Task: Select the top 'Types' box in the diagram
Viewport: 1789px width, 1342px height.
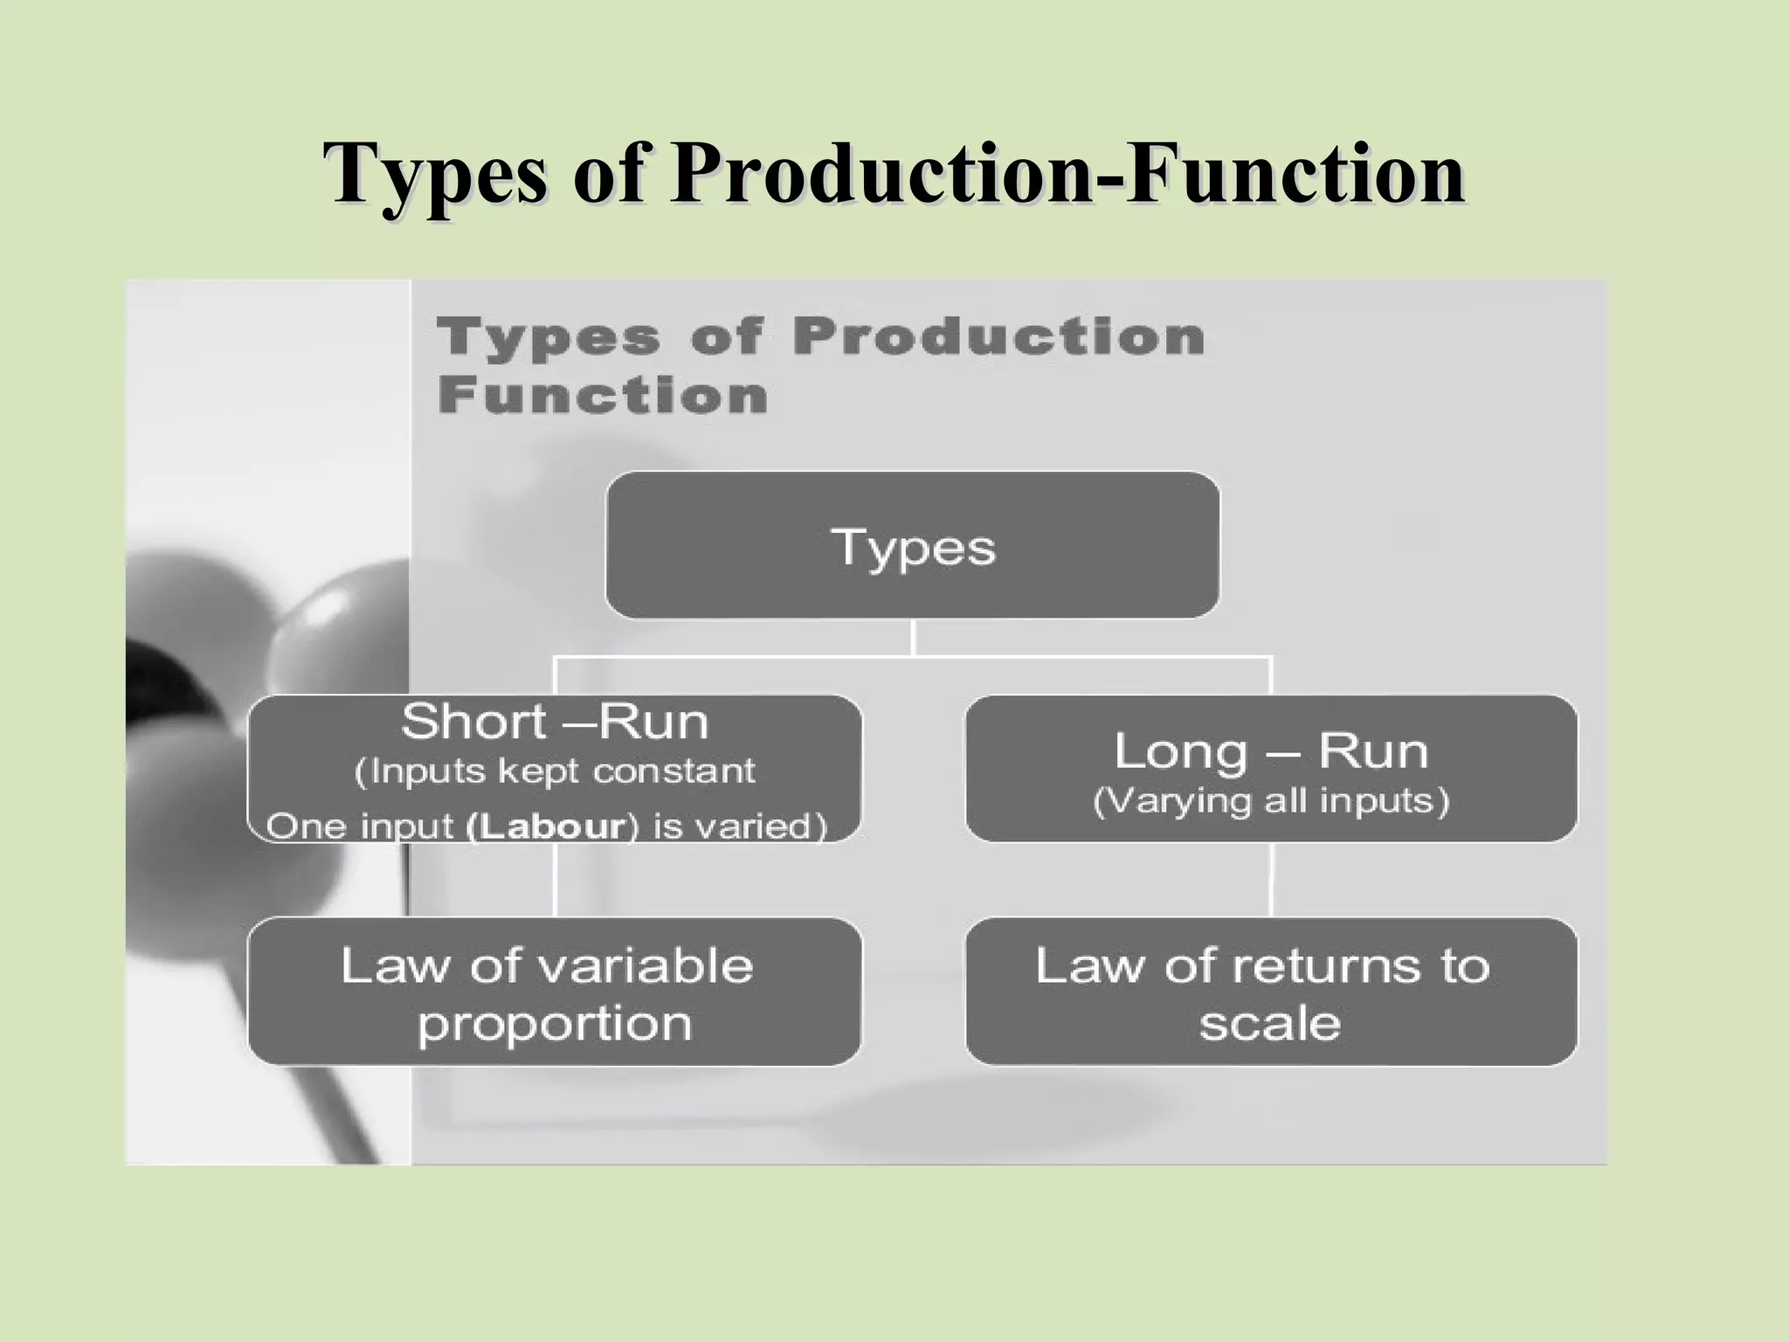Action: coord(912,545)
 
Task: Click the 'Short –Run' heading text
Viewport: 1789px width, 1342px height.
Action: coord(555,722)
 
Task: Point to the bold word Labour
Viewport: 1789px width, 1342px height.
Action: coord(547,827)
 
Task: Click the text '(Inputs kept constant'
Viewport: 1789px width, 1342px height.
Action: coord(555,771)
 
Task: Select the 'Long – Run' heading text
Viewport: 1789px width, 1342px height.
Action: coord(1271,751)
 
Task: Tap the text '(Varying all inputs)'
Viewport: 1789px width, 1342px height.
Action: coord(1271,801)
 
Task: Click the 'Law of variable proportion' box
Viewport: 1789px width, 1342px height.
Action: coord(555,992)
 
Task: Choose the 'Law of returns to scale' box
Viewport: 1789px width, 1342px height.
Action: coord(1271,992)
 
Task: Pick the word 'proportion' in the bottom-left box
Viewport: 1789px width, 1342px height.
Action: coord(555,1024)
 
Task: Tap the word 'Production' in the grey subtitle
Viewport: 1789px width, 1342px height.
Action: coord(998,336)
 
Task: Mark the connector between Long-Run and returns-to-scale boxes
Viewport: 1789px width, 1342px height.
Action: coord(1271,879)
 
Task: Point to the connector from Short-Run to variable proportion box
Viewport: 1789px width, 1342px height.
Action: coord(556,879)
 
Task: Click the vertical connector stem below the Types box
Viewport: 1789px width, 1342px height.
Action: coord(912,637)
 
